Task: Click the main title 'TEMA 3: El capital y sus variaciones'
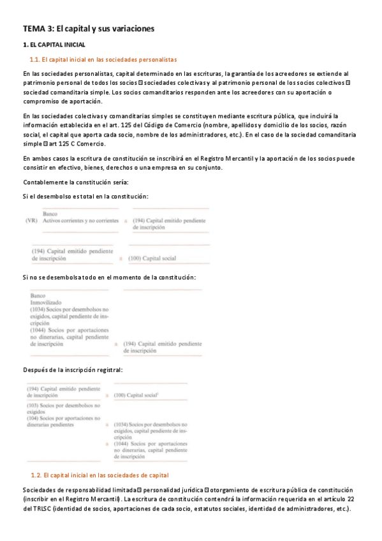[x=89, y=29]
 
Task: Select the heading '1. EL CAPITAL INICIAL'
[x=54, y=45]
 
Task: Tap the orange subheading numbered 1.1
[x=103, y=59]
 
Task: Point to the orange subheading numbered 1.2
[x=99, y=475]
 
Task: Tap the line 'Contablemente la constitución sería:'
[x=70, y=182]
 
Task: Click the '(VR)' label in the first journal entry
[x=29, y=221]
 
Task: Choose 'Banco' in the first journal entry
[x=50, y=213]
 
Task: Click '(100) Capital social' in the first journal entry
[x=152, y=259]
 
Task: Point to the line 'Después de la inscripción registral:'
[x=72, y=370]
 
